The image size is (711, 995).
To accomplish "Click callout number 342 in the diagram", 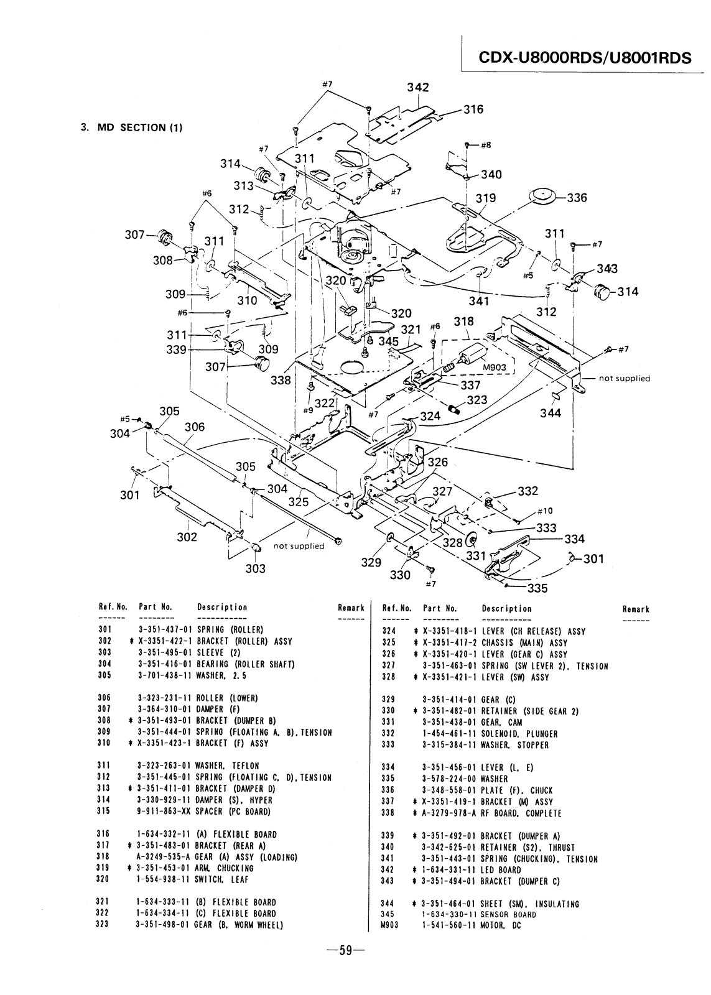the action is click(418, 87).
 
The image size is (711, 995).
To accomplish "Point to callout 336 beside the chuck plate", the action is click(577, 198).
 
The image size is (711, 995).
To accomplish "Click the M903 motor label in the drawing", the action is click(495, 368).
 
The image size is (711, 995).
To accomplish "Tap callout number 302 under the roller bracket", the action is click(187, 537).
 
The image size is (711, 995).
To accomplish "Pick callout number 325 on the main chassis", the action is click(298, 501).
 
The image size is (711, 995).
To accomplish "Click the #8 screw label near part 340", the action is click(486, 145).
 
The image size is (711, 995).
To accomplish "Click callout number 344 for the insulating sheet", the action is click(551, 413).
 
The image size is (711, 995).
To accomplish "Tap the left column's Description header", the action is click(221, 607).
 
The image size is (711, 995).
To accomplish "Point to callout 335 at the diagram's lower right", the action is click(537, 588).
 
